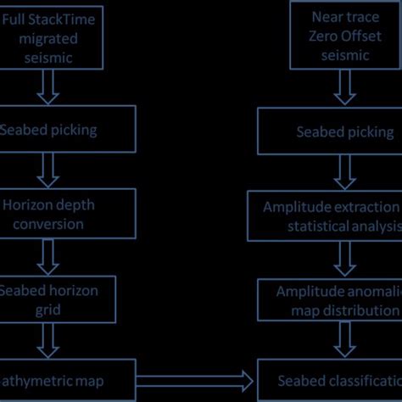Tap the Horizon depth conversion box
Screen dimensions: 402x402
68,214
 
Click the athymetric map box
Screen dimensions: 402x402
68,381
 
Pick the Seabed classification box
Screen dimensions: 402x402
331,382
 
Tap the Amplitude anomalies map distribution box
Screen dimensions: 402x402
331,300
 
